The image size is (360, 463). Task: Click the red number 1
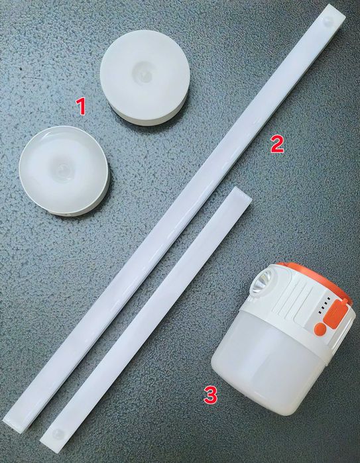[81, 106]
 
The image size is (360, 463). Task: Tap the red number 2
[276, 144]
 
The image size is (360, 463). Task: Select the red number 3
[210, 395]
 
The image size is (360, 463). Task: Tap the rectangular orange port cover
[334, 314]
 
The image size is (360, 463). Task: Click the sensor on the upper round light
[144, 72]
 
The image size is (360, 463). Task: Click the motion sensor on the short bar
[57, 433]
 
